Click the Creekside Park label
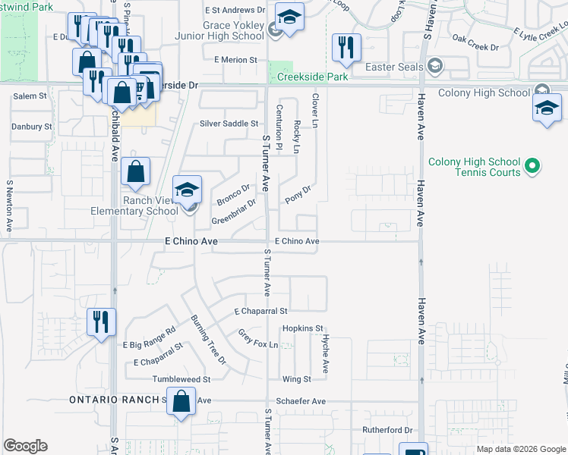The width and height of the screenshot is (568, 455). coord(312,77)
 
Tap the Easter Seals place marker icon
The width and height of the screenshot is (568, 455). coord(434,67)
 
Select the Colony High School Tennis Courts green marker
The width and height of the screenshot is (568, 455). coord(532,165)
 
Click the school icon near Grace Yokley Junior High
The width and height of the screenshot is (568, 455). coord(289,17)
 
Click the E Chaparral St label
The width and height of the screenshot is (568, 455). coord(260,311)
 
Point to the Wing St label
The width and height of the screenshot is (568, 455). coord(296,379)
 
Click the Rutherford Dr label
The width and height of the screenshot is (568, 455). coord(387,430)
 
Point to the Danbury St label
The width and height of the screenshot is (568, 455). coord(32,126)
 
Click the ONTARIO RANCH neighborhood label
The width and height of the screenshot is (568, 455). coord(114,400)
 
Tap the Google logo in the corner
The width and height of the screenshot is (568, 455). coord(25,446)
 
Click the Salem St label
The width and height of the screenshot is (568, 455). coord(30,96)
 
